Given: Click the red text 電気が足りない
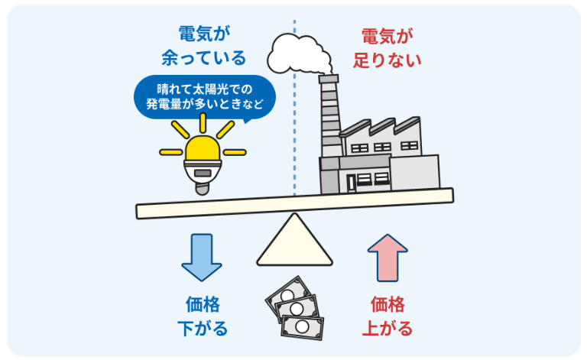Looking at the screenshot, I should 387,47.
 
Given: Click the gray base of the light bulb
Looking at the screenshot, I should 203,179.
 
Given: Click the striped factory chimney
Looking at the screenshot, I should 329,130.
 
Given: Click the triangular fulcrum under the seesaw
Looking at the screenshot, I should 294,242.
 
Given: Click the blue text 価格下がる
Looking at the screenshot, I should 203,316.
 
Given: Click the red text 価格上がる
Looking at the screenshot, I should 387,316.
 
